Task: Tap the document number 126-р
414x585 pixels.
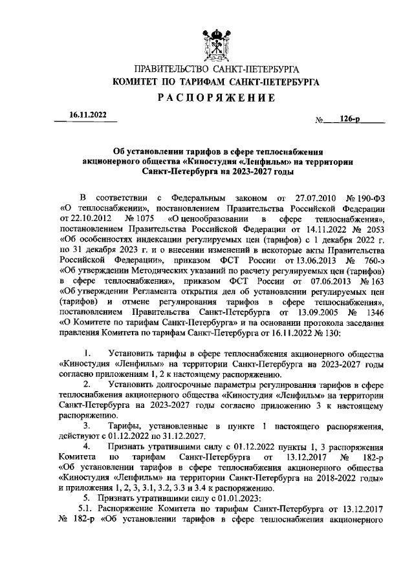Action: (x=349, y=120)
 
